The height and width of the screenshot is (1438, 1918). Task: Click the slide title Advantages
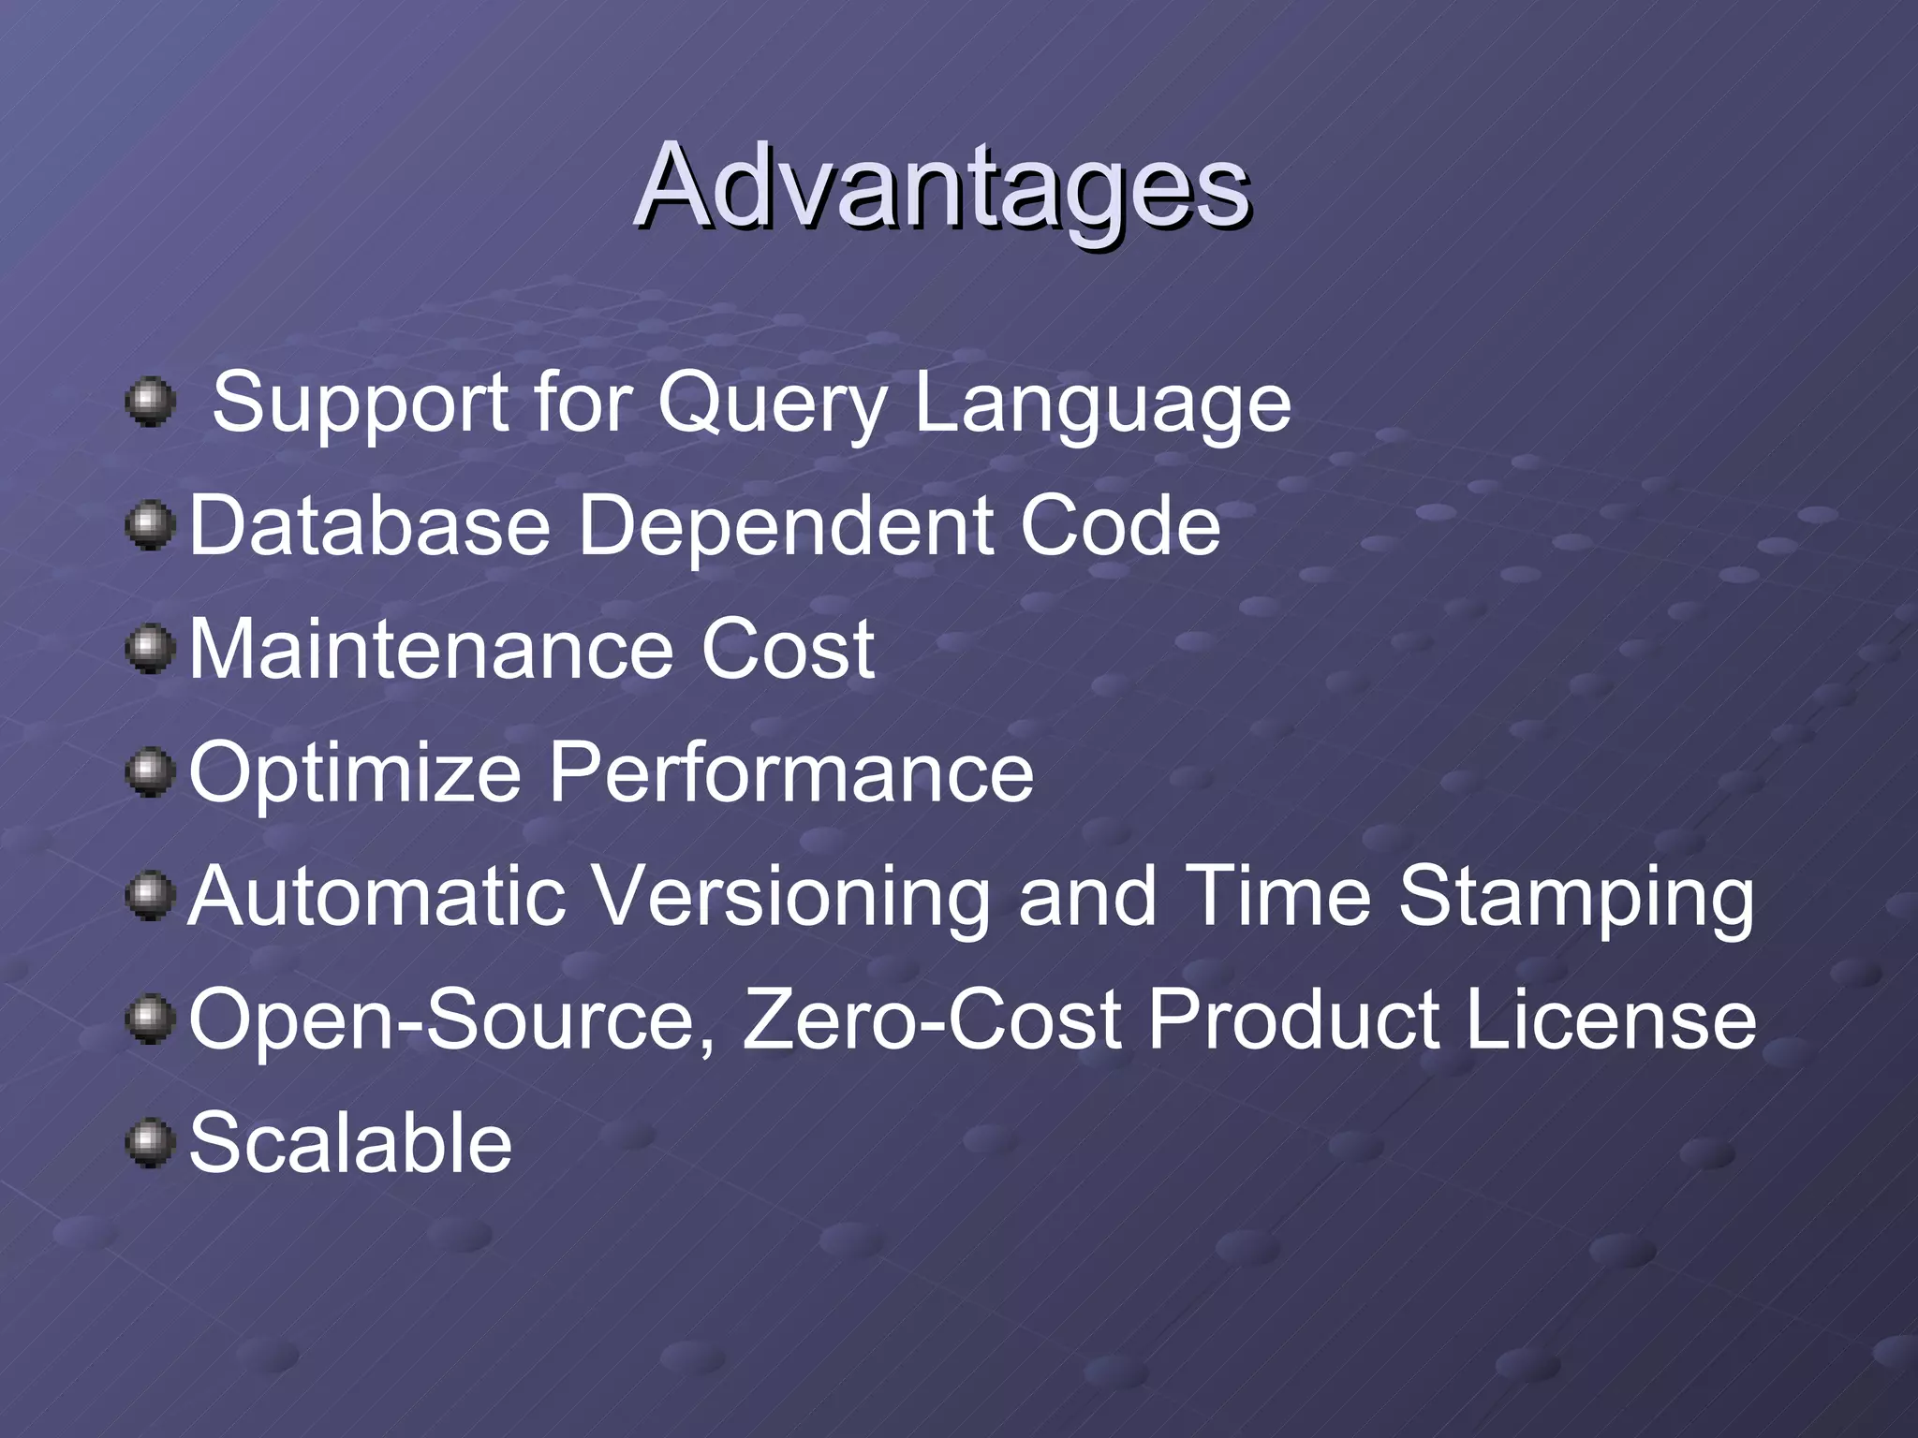941,187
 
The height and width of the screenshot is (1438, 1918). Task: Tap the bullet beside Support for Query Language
150,403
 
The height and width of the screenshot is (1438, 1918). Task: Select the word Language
1102,404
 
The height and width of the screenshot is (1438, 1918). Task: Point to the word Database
370,526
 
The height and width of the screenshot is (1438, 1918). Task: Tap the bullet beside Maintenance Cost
150,650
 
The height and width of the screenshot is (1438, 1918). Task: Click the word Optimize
355,772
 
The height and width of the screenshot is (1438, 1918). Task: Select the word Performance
791,772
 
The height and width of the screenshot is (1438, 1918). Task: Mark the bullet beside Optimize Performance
150,773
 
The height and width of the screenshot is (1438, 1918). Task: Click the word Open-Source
452,1020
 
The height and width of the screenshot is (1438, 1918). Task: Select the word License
1611,1020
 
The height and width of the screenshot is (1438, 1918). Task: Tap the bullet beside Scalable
150,1144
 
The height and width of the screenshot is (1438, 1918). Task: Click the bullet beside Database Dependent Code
150,526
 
